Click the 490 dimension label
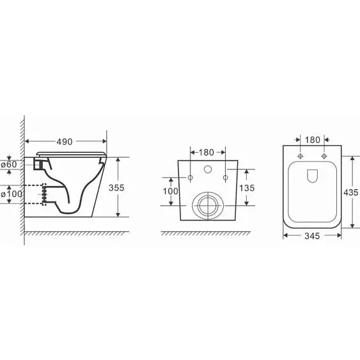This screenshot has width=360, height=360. [65, 142]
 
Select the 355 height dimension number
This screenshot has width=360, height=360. [116, 188]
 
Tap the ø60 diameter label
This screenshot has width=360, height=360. [9, 164]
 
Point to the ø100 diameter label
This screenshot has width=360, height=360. [12, 194]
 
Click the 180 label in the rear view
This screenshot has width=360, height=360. [206, 152]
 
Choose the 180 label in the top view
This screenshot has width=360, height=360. [313, 140]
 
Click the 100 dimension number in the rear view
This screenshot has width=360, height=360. [170, 191]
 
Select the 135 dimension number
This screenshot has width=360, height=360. [247, 188]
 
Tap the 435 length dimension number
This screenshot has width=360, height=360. [351, 192]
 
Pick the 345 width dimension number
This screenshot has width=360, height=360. [312, 236]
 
